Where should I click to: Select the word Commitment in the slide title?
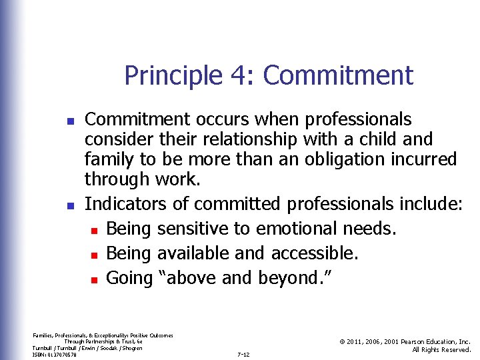click(338, 75)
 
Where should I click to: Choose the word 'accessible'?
click(315, 253)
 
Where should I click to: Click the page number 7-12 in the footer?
click(243, 354)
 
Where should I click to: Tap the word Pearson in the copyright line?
click(413, 341)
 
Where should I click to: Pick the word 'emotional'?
click(298, 229)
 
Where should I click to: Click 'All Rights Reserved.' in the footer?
click(441, 350)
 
